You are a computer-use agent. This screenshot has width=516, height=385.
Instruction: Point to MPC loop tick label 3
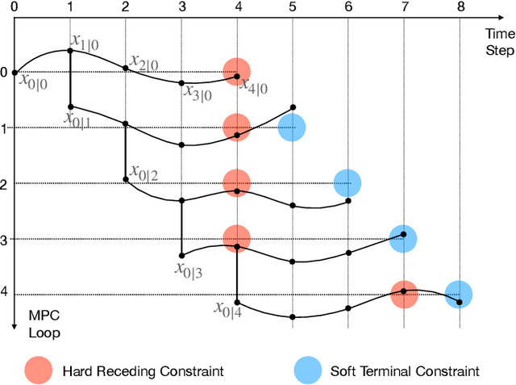[x=4, y=240]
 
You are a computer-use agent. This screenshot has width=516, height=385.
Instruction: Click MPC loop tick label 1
[x=4, y=128]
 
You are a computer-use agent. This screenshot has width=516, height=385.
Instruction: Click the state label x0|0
[x=32, y=81]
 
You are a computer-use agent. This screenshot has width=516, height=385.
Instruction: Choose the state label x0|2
[x=143, y=174]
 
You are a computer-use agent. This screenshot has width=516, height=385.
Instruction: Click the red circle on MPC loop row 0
[x=236, y=73]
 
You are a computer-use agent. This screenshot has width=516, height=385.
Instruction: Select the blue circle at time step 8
[x=458, y=295]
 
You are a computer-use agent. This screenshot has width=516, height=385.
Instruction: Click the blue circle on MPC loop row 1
[x=292, y=128]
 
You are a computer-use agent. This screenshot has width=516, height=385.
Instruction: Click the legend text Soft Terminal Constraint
[x=405, y=371]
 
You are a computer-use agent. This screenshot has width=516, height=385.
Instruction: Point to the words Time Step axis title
[x=499, y=41]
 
